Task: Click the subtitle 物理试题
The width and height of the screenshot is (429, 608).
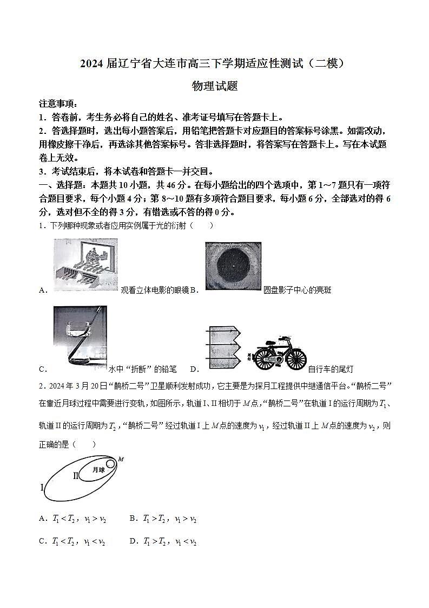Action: coord(215,86)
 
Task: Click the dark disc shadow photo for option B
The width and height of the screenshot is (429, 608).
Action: coord(233,266)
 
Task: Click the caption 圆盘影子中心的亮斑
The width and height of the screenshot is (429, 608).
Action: coord(297,290)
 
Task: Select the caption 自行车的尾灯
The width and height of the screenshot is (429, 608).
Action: coord(330,370)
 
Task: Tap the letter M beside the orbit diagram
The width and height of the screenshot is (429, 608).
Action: coord(121,460)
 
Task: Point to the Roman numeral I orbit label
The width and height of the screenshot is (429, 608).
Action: coord(42,488)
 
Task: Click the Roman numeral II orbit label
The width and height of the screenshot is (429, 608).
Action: coord(76,476)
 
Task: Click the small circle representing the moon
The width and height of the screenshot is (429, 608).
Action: coord(110,464)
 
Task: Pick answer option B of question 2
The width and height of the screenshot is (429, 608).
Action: coord(163,519)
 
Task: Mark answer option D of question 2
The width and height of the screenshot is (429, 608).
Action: coord(163,541)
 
